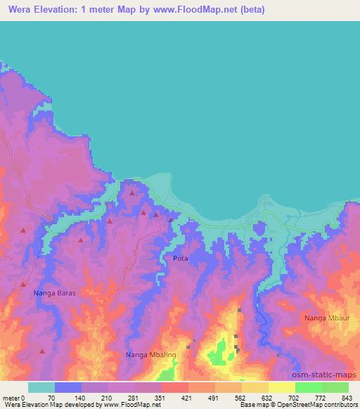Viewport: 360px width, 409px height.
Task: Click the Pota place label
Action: click(x=180, y=259)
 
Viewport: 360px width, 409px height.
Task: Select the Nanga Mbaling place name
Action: click(x=150, y=355)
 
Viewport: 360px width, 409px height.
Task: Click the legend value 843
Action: click(x=347, y=398)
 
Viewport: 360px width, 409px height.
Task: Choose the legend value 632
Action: click(x=267, y=398)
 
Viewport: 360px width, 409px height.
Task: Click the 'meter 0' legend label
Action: click(x=13, y=398)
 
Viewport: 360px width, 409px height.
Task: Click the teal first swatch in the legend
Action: click(x=41, y=387)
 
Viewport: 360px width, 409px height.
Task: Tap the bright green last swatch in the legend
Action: click(x=335, y=387)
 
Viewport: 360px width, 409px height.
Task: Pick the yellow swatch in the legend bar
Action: click(x=281, y=387)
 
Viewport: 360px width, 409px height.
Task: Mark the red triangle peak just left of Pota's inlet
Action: click(x=170, y=219)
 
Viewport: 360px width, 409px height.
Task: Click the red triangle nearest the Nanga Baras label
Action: click(x=23, y=284)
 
